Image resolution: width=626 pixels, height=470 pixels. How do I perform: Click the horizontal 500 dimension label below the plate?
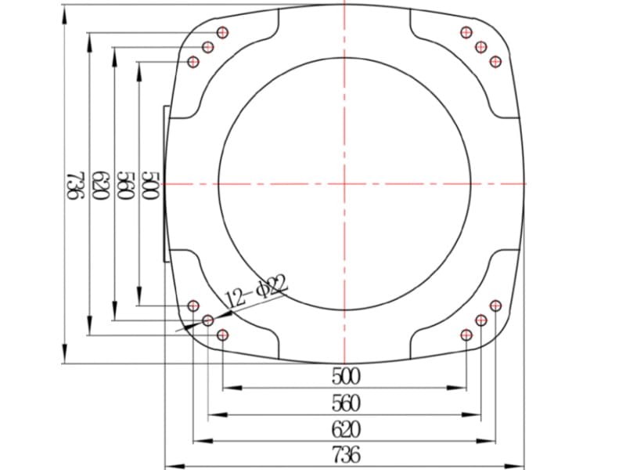pyautogui.click(x=346, y=377)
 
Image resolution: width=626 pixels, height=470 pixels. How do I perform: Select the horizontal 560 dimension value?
pyautogui.click(x=346, y=403)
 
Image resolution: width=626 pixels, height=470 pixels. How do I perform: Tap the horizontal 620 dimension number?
pyautogui.click(x=346, y=429)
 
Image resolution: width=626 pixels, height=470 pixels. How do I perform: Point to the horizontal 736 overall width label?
pyautogui.click(x=346, y=455)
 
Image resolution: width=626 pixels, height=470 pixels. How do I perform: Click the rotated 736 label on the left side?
pyautogui.click(x=75, y=185)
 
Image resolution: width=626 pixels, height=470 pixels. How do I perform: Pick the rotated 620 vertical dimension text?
pyautogui.click(x=101, y=186)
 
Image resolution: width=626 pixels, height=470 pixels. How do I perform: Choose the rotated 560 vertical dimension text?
pyautogui.click(x=126, y=186)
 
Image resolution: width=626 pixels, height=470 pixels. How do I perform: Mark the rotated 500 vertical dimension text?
pyautogui.click(x=151, y=186)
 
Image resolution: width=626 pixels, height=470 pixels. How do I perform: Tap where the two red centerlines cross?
pyautogui.click(x=344, y=184)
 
